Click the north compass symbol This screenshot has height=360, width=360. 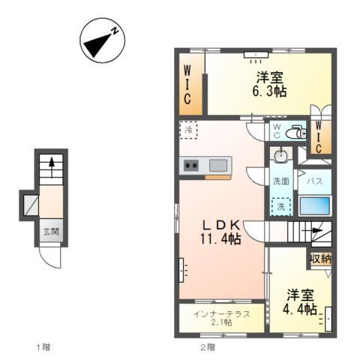(103, 43)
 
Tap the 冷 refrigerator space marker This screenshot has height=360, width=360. (188, 130)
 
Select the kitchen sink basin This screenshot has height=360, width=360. (219, 165)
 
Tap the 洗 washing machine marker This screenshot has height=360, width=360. (282, 205)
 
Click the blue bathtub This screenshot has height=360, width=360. (315, 205)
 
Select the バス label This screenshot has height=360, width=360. (316, 181)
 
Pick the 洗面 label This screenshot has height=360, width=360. (281, 181)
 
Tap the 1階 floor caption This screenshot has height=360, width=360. (42, 347)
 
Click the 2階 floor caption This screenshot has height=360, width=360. (206, 347)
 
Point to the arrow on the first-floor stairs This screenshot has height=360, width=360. (51, 162)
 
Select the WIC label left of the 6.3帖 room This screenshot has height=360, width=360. (187, 84)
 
